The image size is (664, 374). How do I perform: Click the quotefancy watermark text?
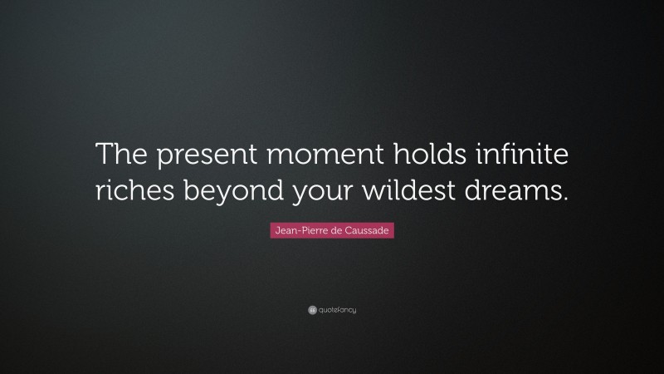click(337, 310)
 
